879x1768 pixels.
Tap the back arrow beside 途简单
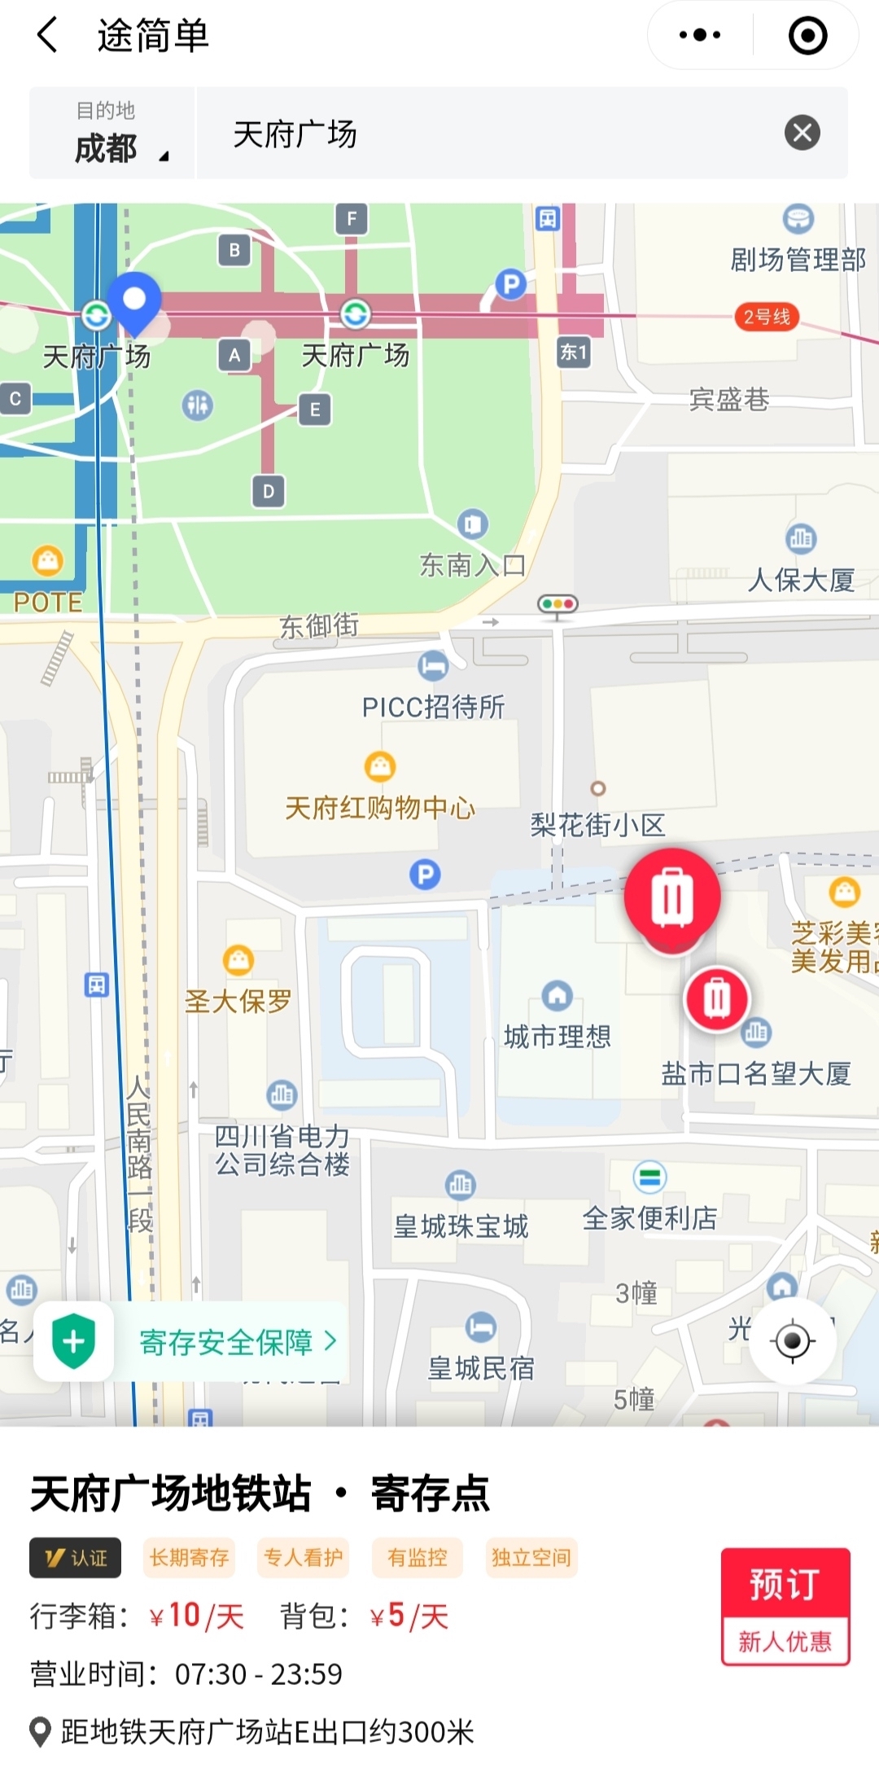[48, 36]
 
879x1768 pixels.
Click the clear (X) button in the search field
[802, 133]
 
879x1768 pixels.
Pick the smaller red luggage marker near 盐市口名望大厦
[716, 998]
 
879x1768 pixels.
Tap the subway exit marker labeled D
[269, 491]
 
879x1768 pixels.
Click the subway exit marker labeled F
[352, 218]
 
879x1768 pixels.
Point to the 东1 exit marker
[573, 352]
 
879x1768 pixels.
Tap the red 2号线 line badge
[767, 317]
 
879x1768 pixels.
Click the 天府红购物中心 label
[379, 807]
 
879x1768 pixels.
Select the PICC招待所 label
[433, 706]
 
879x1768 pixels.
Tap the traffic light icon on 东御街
[558, 604]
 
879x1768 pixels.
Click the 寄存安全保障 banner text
[227, 1341]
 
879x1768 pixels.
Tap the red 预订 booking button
[785, 1583]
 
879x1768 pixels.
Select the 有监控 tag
[418, 1557]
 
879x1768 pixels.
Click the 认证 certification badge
[76, 1557]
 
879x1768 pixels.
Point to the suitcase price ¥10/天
[196, 1616]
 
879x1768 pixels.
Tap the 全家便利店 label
[649, 1217]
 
